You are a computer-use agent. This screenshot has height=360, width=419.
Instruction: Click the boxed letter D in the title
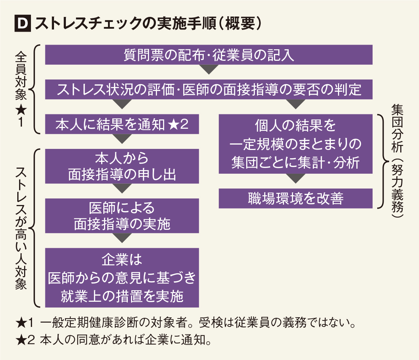(x=22, y=25)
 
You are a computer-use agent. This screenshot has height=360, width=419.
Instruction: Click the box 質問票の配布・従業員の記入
(x=208, y=55)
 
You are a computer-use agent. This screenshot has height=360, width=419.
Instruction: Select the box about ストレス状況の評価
(x=208, y=89)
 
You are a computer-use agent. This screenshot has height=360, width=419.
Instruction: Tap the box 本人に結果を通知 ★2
(x=122, y=124)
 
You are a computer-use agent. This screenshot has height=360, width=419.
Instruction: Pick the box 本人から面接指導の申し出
(x=122, y=166)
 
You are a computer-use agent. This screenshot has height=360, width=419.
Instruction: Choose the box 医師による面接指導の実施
(x=122, y=216)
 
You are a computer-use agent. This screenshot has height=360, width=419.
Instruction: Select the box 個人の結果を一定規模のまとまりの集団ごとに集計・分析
(x=295, y=144)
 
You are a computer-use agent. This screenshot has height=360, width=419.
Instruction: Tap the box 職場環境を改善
(x=295, y=199)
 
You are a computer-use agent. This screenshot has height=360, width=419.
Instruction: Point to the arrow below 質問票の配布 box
(x=208, y=69)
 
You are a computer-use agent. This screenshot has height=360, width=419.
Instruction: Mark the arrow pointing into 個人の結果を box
(x=295, y=104)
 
